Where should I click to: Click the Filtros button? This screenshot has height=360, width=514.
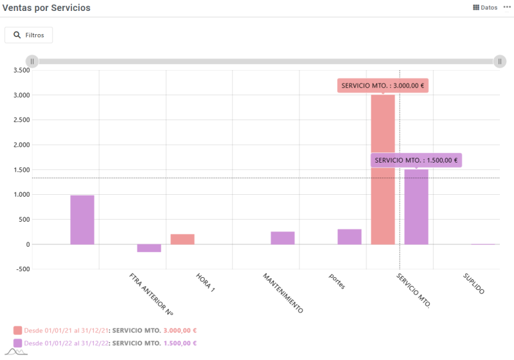point(28,35)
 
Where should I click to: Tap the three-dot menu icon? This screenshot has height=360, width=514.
point(507,8)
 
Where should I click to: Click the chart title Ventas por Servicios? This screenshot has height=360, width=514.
point(47,8)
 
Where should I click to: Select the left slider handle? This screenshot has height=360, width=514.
point(32,61)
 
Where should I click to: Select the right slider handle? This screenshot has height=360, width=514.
point(501,61)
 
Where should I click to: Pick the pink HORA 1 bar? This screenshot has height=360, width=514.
point(182,239)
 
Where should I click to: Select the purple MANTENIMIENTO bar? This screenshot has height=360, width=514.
point(283,238)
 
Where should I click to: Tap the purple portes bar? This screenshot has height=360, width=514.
point(350,237)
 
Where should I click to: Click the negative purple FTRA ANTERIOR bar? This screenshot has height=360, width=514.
point(149,248)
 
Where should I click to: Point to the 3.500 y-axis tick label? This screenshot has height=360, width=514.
point(21,70)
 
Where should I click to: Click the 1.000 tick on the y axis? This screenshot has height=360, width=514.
point(21,195)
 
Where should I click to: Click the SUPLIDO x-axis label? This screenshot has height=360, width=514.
point(474,283)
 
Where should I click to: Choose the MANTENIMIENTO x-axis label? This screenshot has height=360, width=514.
point(283,292)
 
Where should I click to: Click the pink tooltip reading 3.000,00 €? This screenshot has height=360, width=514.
point(383,85)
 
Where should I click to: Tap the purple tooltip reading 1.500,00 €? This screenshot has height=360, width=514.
point(416,160)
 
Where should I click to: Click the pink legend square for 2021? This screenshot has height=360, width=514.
point(17,330)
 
